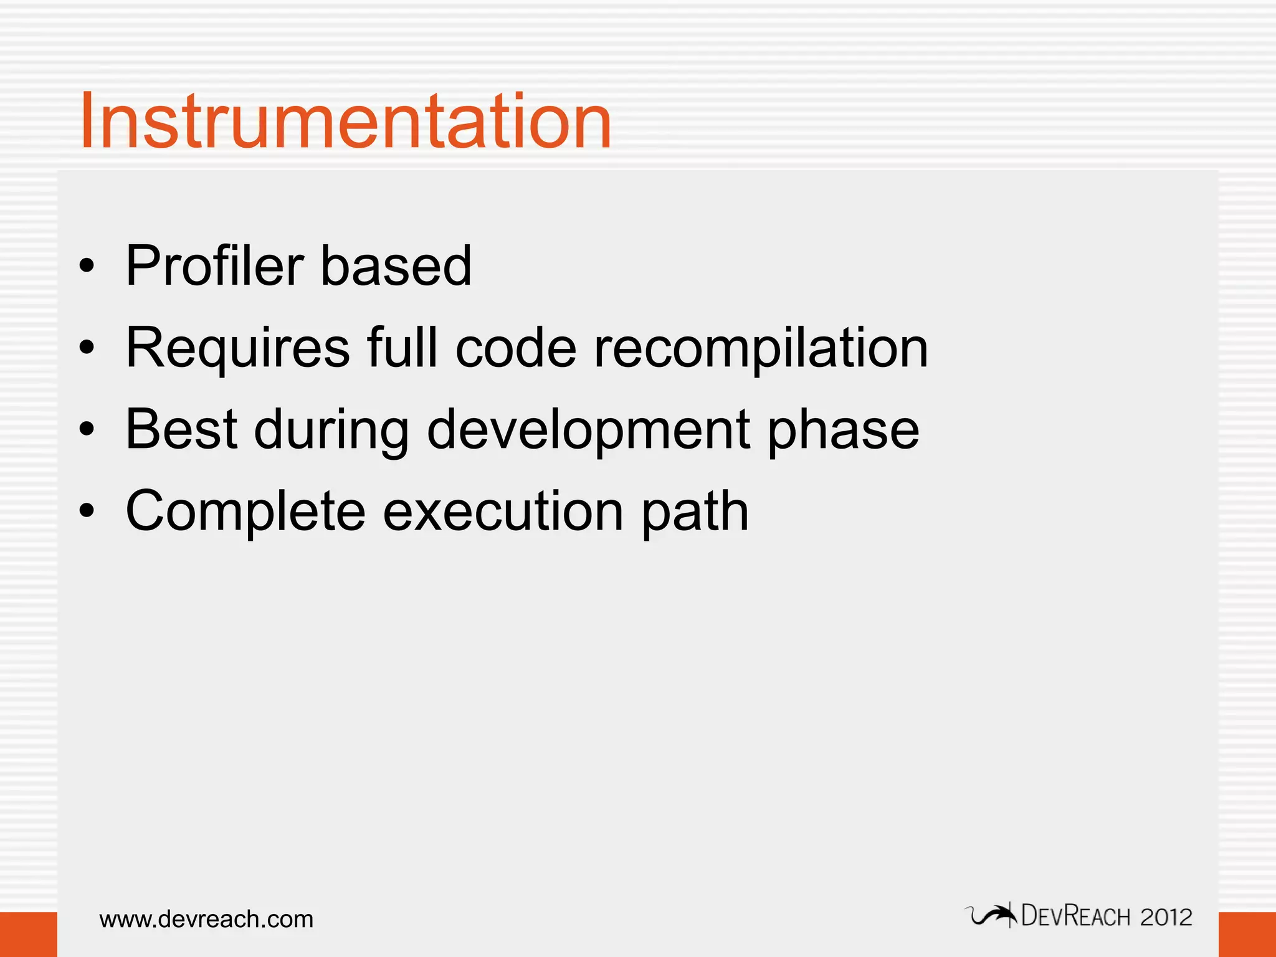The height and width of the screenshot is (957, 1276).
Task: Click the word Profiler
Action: coord(214,266)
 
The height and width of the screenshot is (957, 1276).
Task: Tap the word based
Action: coord(396,266)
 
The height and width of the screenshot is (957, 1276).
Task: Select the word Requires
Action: coord(237,348)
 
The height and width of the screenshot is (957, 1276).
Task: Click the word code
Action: coord(516,348)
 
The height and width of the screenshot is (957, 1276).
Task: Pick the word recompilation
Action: coord(761,349)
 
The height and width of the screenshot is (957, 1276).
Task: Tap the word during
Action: coord(331,430)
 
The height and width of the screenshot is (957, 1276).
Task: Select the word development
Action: coord(588,430)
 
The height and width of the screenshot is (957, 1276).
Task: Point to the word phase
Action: coord(843,430)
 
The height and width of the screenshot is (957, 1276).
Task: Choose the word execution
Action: coord(503,511)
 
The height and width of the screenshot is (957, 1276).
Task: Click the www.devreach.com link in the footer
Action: coord(206,919)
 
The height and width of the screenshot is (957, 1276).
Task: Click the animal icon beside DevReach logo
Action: coord(991,916)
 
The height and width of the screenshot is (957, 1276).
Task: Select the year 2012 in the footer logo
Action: coord(1166,917)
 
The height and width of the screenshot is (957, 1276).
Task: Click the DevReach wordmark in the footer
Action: coord(1076,917)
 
